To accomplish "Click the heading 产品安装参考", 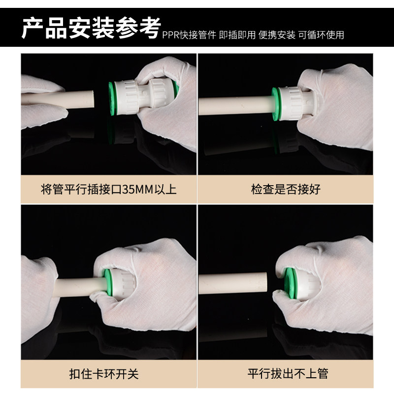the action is [91, 28].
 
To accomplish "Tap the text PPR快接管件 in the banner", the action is [189, 35].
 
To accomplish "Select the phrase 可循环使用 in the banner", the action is [321, 35].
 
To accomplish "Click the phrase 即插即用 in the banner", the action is [237, 35].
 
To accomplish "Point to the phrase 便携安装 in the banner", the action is [277, 35].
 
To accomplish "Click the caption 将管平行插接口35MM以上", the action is [108, 189].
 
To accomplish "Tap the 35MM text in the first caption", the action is [138, 190].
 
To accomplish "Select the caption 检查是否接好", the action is [286, 189].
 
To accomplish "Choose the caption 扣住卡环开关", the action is [104, 374].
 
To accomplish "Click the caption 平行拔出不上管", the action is [288, 373].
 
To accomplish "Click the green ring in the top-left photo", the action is [111, 98].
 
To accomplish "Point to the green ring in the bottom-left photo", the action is [108, 282].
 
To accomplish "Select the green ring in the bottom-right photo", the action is [290, 283].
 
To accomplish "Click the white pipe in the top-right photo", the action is [236, 106].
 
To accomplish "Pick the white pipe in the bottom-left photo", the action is [80, 287].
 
